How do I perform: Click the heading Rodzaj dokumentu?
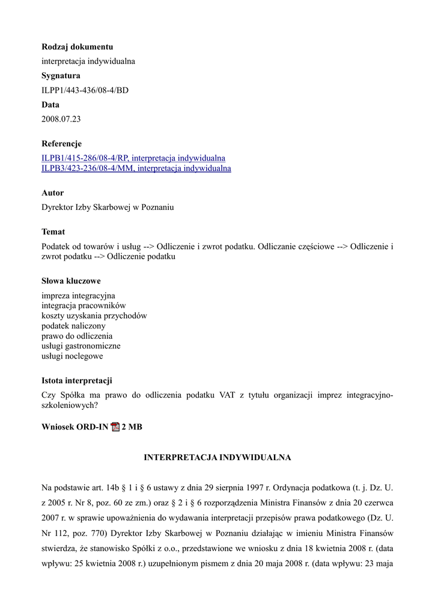pyautogui.click(x=77, y=47)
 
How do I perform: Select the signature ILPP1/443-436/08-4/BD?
pyautogui.click(x=85, y=90)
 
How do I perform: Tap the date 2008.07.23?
pyautogui.click(x=61, y=119)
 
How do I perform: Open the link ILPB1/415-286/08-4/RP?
pyautogui.click(x=133, y=158)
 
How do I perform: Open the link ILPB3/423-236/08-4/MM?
pyautogui.click(x=136, y=168)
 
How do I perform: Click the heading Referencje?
pyautogui.click(x=61, y=144)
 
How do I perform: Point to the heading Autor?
pyautogui.click(x=52, y=193)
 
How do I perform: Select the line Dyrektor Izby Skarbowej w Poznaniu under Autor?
pyautogui.click(x=108, y=208)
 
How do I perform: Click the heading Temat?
pyautogui.click(x=53, y=232)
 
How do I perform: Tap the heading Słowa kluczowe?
pyautogui.click(x=71, y=281)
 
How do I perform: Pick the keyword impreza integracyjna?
pyautogui.click(x=78, y=296)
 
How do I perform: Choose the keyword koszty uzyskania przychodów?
pyautogui.click(x=94, y=316)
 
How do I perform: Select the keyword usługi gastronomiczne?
pyautogui.click(x=81, y=346)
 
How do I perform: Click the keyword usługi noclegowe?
pyautogui.click(x=72, y=356)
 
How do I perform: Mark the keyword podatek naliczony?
pyautogui.click(x=73, y=326)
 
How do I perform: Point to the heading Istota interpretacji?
pyautogui.click(x=76, y=381)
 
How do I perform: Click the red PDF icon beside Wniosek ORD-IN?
pyautogui.click(x=115, y=427)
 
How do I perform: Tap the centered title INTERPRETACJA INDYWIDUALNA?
pyautogui.click(x=218, y=458)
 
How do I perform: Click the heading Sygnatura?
pyautogui.click(x=61, y=76)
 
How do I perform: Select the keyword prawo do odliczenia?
pyautogui.click(x=77, y=336)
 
